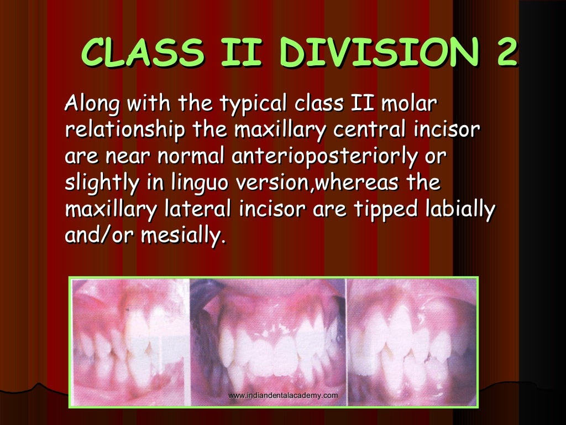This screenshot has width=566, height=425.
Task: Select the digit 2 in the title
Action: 504,53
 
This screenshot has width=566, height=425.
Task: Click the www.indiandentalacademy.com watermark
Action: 282,395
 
